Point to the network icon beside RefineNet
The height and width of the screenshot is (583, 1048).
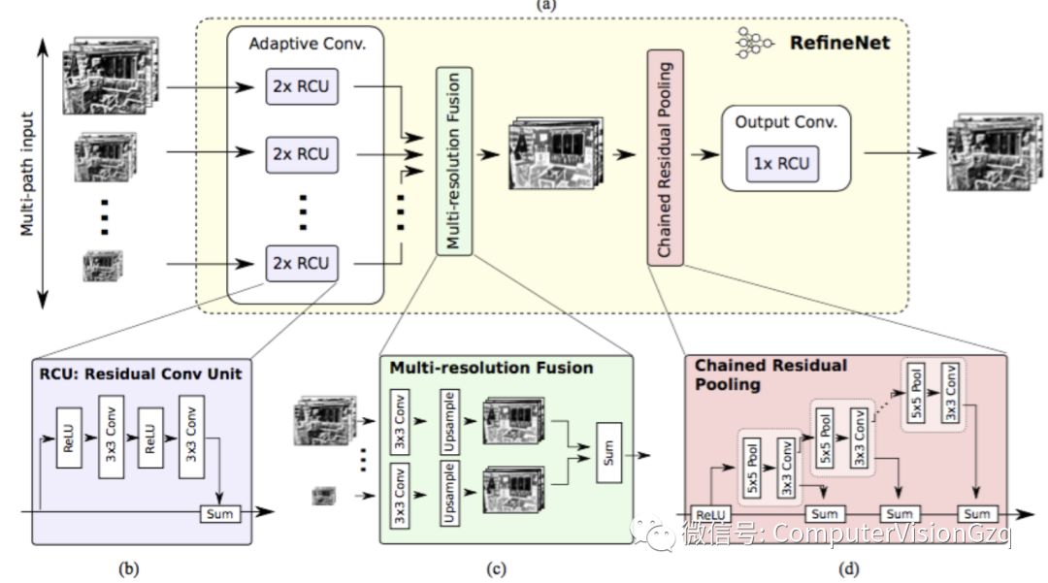[x=754, y=43]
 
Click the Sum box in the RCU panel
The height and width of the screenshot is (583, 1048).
[x=219, y=513]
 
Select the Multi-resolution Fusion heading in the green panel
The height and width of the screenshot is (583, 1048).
[x=491, y=369]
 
